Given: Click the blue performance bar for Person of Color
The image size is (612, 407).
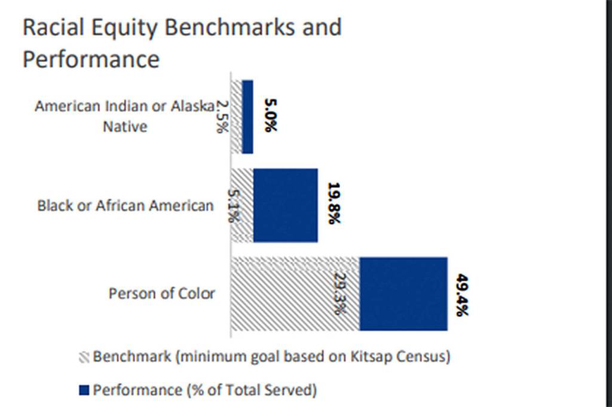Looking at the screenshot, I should click(x=403, y=293).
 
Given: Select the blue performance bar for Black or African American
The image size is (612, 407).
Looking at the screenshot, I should click(x=286, y=205).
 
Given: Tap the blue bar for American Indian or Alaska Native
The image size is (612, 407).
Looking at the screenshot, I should click(x=247, y=117).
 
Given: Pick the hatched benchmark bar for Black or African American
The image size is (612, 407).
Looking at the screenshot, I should click(x=242, y=205).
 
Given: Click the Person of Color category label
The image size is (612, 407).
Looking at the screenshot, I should click(x=161, y=294).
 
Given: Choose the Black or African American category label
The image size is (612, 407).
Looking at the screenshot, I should click(x=125, y=205).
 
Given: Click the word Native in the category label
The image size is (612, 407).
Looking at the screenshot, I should click(x=124, y=127).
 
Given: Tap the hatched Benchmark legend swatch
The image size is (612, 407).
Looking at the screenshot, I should click(x=84, y=358).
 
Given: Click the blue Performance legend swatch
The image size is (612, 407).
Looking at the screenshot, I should click(x=84, y=390).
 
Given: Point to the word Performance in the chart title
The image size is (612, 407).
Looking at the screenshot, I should click(x=91, y=59).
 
